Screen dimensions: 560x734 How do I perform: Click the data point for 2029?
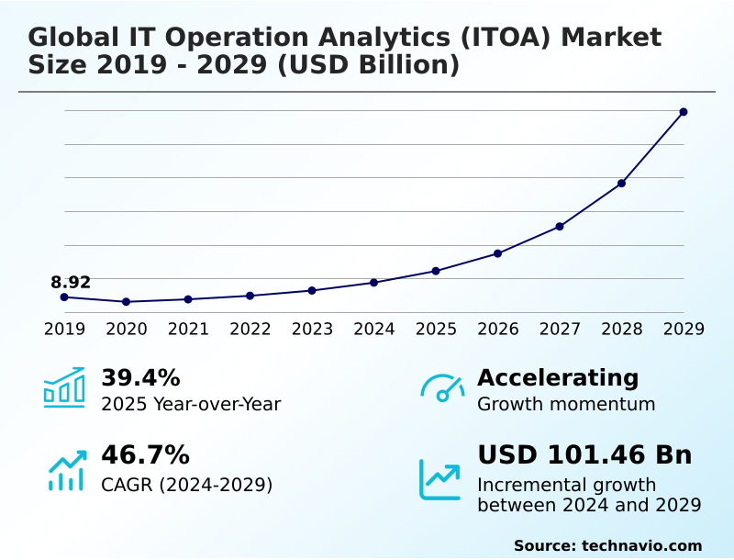point(684,112)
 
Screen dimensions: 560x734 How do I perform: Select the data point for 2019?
point(64,297)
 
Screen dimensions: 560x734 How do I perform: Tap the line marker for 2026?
point(497,253)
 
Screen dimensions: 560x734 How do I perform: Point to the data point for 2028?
point(621,184)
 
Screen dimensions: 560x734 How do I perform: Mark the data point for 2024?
point(373,283)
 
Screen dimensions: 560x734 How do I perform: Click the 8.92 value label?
point(71,282)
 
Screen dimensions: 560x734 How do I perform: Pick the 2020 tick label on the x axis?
point(127,329)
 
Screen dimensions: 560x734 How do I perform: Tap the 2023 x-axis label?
point(312,329)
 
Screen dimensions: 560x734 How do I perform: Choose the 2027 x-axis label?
point(560,329)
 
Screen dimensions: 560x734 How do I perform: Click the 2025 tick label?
point(436,329)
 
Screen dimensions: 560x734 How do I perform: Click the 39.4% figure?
point(140,377)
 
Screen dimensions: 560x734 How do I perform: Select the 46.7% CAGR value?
point(145,455)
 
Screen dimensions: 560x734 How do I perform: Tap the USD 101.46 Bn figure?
point(584,455)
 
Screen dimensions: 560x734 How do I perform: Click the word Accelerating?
point(558,377)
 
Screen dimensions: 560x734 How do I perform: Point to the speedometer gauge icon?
point(442,388)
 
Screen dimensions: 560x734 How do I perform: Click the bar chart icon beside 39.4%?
point(64,387)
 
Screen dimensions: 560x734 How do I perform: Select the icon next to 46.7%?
point(66,470)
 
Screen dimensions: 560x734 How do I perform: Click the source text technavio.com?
point(641,545)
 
